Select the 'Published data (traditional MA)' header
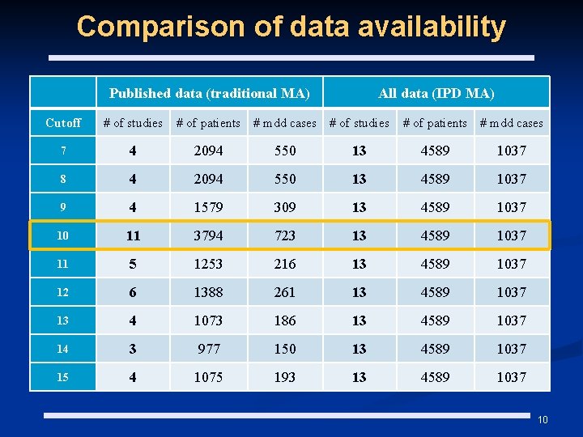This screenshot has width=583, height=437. coord(209,93)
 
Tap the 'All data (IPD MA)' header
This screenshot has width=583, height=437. coord(436,93)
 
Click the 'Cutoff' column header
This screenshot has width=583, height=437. coord(63,123)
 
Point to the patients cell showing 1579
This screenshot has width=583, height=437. coord(208,207)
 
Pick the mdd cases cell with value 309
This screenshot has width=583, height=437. coord(285,207)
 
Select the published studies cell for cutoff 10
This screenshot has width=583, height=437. coord(133,235)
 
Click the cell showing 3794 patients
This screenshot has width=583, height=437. coord(208,235)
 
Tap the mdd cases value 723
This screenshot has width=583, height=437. coord(285,235)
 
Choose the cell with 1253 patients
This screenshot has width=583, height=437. coord(208,264)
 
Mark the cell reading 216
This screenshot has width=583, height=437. coord(285,264)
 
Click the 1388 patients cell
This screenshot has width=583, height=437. coord(208,292)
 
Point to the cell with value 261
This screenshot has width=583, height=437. coord(285,292)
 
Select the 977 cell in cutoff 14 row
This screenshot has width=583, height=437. coord(208,349)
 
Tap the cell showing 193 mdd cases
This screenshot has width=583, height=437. coord(285,377)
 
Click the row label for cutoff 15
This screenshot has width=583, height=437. coord(63,377)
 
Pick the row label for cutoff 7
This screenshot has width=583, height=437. coord(63,151)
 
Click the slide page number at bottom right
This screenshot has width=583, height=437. coord(543,420)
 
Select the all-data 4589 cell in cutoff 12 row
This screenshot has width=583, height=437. coord(435,292)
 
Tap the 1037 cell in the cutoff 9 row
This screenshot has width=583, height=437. coord(512,207)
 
